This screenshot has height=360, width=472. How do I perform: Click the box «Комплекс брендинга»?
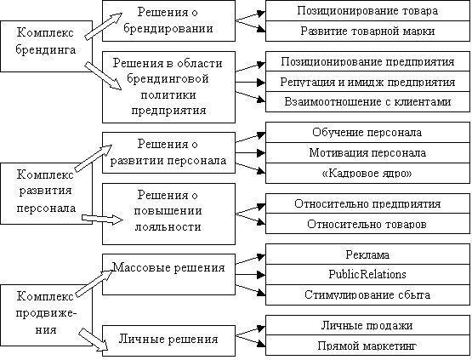47,46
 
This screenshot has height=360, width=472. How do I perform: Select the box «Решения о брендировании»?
168,20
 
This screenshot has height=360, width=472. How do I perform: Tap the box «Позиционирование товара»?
367,11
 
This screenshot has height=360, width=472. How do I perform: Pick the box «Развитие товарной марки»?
367,31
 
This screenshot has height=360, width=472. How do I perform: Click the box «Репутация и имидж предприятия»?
367,82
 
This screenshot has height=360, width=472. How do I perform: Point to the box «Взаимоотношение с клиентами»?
367,102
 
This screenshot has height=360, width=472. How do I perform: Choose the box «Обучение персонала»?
367,133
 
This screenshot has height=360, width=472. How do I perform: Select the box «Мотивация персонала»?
367,153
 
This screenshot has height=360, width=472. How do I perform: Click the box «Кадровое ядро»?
367,174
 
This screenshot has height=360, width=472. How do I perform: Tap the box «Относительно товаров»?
367,224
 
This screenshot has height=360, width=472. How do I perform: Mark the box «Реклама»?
367,254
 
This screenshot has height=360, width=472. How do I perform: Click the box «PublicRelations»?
367,275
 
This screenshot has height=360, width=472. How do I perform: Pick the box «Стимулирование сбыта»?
367,295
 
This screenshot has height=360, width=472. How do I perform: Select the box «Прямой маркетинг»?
367,346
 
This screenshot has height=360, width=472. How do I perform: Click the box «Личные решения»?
168,340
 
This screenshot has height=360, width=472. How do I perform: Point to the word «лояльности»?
168,226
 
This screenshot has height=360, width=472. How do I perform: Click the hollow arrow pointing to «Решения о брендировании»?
103,26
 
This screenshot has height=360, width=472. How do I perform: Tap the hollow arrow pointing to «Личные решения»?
94,340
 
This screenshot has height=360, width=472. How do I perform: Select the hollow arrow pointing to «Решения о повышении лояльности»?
102,220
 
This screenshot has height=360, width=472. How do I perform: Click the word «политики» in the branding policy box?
168,95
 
